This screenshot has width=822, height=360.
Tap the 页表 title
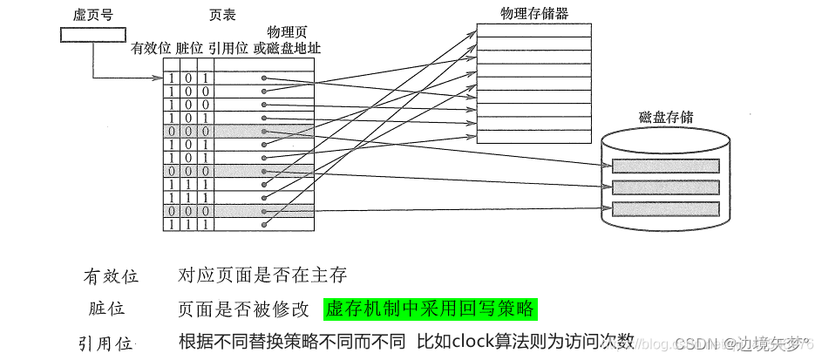coord(223,16)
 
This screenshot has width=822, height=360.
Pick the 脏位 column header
coord(188,47)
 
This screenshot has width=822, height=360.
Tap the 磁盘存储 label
coord(666,118)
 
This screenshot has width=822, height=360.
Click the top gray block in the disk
coord(666,166)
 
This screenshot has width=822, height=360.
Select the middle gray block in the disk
coord(666,187)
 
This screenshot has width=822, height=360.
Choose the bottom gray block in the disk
coord(666,209)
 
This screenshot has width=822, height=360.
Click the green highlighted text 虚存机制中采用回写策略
coord(431,309)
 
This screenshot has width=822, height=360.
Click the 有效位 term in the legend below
coord(111,276)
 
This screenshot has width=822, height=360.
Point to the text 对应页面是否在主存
coord(262,275)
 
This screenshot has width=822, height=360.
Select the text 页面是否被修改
coord(243,309)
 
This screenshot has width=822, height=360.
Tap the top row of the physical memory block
coord(533,31)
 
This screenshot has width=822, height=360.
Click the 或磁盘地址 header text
coord(287,47)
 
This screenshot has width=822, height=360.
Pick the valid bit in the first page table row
coord(172,78)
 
